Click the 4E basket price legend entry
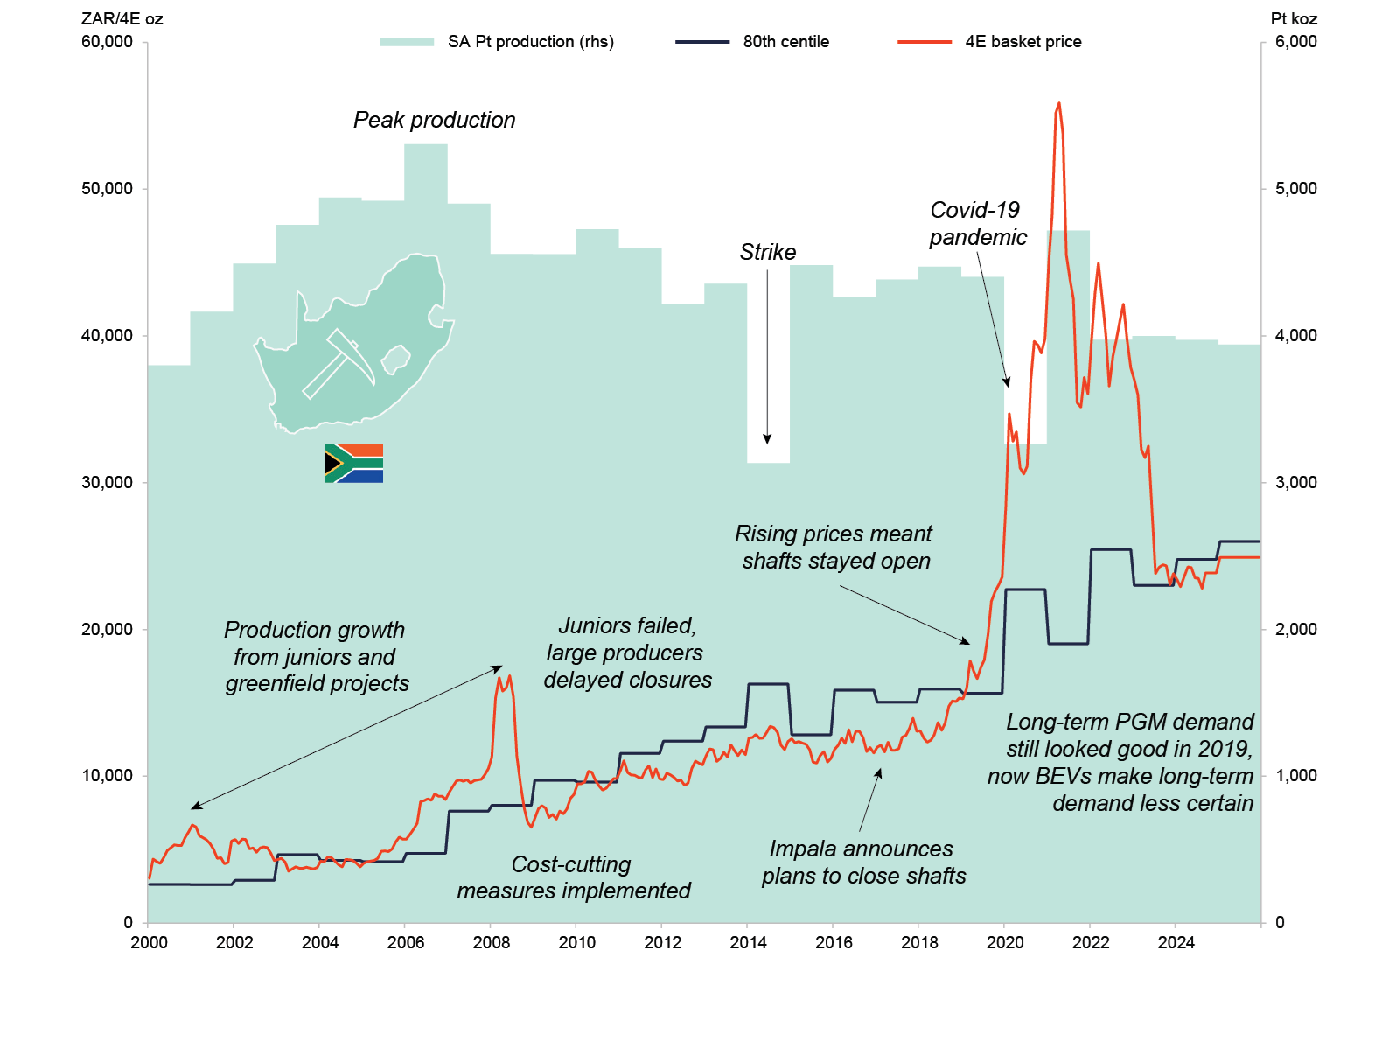point(1022,42)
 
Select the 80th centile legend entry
point(785,42)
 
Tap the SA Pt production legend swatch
point(407,42)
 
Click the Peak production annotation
point(434,120)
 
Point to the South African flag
point(353,463)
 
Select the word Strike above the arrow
point(767,252)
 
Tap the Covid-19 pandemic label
point(977,223)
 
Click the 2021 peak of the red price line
point(1058,104)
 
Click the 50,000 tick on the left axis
point(108,189)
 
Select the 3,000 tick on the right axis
point(1295,483)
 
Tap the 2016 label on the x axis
point(834,942)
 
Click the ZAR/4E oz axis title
point(122,18)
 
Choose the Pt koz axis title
point(1293,18)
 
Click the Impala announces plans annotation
point(862,862)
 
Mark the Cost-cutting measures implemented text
point(573,877)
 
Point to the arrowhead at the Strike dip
point(767,439)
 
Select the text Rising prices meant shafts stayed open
point(834,547)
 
